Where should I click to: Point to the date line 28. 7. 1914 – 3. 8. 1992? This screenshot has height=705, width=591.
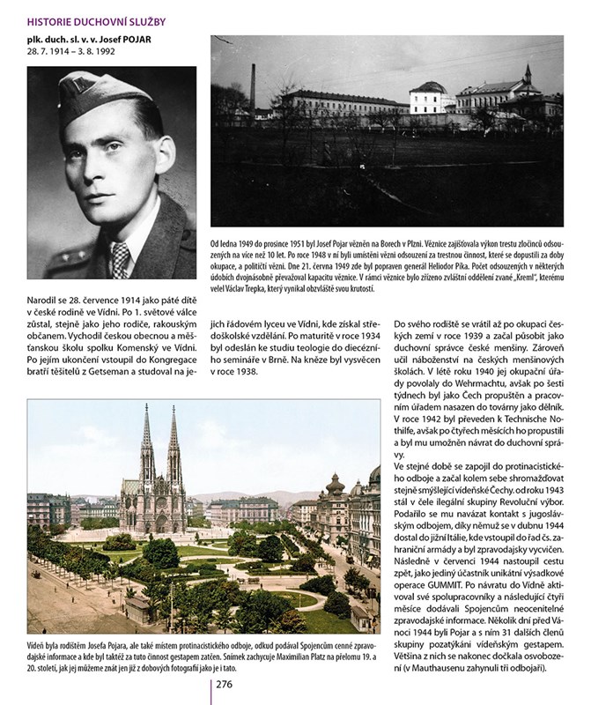[x=78, y=54]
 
